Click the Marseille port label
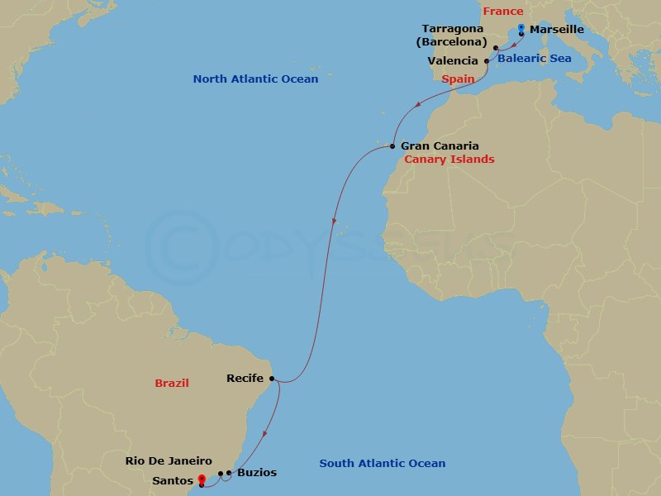click(x=556, y=30)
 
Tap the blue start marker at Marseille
click(x=521, y=29)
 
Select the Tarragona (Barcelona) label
click(x=453, y=36)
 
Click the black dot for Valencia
click(x=487, y=61)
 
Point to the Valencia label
click(x=453, y=60)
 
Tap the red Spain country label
click(x=458, y=79)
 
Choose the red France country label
click(x=503, y=11)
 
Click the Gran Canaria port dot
click(x=392, y=146)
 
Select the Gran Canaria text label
click(x=440, y=145)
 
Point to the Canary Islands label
click(x=449, y=159)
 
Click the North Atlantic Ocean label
click(x=255, y=79)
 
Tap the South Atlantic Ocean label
click(x=382, y=464)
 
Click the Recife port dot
click(x=272, y=379)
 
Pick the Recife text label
click(x=245, y=379)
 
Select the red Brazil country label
click(x=172, y=384)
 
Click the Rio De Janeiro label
click(x=169, y=460)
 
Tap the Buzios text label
click(x=256, y=473)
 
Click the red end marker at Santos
click(x=202, y=480)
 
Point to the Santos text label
click(x=173, y=479)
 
